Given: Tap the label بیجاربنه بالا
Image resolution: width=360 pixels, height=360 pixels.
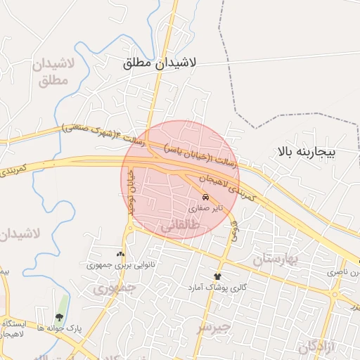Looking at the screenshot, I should coord(307,151).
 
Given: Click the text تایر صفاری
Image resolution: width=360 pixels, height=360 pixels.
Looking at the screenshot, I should coord(206,209).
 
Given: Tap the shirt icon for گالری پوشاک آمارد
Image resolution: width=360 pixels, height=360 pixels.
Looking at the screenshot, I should coord(217,276).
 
